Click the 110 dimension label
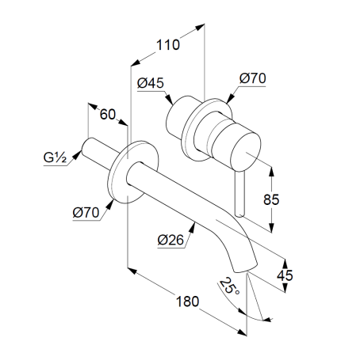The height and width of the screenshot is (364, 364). [x=168, y=45]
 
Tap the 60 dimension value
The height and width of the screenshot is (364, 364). [x=108, y=114]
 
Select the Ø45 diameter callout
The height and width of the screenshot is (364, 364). [x=151, y=83]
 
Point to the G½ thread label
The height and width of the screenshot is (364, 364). [x=55, y=157]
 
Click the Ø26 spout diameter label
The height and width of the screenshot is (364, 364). [x=171, y=240]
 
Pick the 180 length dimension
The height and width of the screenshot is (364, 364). [x=187, y=301]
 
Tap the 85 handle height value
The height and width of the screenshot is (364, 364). [x=271, y=199]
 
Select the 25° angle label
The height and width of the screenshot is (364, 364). [x=229, y=286]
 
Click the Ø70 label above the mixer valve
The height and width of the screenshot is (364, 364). [x=253, y=78]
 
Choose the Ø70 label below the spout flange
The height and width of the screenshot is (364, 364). [x=86, y=213]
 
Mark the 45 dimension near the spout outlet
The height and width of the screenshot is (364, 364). [x=285, y=275]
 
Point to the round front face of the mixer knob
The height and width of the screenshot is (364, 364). [x=246, y=151]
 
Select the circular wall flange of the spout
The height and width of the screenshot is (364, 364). [x=133, y=172]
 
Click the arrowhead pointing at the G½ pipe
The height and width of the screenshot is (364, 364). [x=77, y=155]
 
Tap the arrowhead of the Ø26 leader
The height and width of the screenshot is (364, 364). [x=193, y=227]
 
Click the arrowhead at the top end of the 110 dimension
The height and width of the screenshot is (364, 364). [x=201, y=27]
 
